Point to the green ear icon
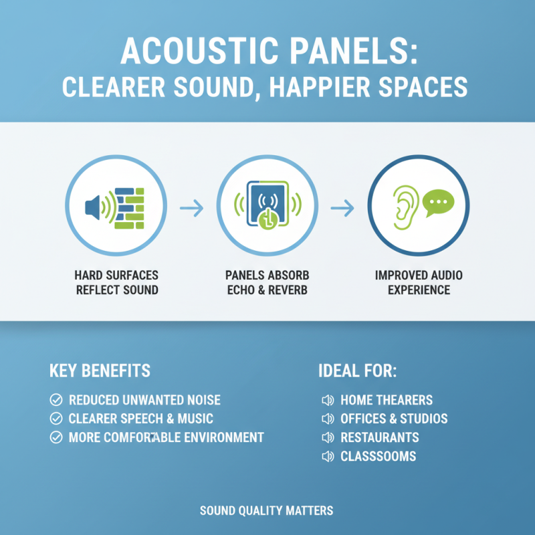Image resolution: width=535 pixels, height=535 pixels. pyautogui.click(x=405, y=205)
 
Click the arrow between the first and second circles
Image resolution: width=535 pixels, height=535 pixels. pyautogui.click(x=192, y=209)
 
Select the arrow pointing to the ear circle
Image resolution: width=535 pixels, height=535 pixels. pyautogui.click(x=342, y=209)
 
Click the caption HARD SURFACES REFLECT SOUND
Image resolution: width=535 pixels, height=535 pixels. pyautogui.click(x=117, y=283)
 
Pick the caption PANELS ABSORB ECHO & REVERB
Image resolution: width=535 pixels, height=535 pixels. pyautogui.click(x=267, y=283)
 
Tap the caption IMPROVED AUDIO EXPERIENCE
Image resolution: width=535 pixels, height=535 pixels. pyautogui.click(x=419, y=283)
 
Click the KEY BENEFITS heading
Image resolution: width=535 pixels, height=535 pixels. pyautogui.click(x=100, y=370)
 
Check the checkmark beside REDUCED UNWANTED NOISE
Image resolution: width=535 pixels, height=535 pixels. pyautogui.click(x=56, y=401)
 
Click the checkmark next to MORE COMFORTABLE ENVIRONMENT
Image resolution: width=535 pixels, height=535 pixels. pyautogui.click(x=56, y=438)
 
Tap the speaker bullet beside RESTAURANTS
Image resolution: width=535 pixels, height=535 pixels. pyautogui.click(x=328, y=438)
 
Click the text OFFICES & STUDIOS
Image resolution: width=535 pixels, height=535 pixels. pyautogui.click(x=394, y=419)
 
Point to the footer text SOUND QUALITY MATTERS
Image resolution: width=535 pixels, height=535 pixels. pyautogui.click(x=266, y=511)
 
